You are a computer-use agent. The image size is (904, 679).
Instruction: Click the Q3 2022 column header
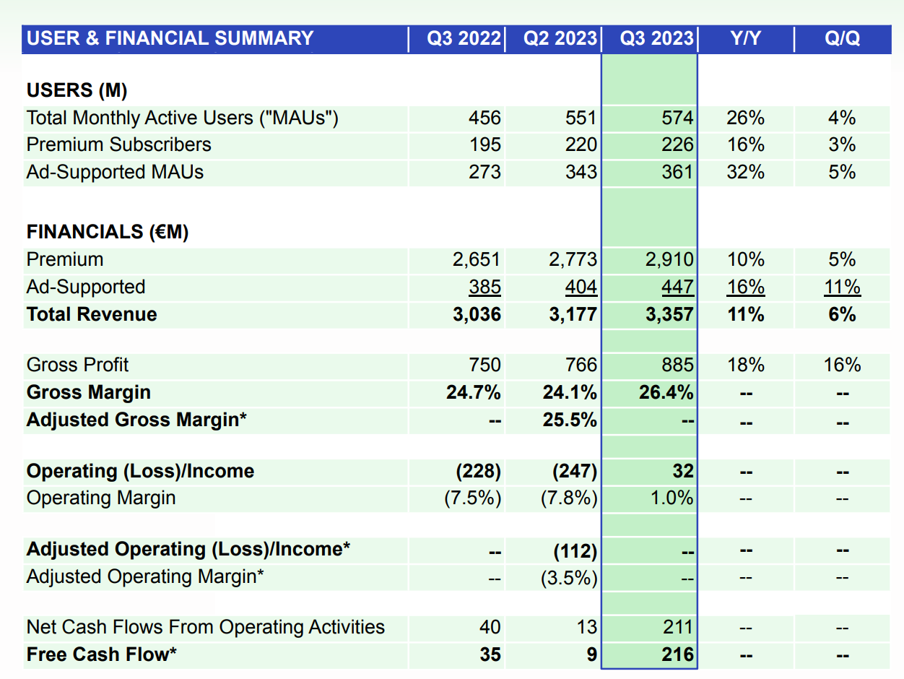tap(464, 38)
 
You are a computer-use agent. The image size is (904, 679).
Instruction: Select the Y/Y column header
tap(745, 38)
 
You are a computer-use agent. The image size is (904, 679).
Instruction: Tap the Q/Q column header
tap(842, 38)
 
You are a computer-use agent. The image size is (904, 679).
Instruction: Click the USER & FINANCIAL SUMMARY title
tap(170, 38)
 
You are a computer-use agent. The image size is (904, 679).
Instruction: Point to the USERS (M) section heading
tap(77, 90)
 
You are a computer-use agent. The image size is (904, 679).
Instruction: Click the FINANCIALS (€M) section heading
tap(108, 232)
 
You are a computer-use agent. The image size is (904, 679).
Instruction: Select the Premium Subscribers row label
tap(119, 144)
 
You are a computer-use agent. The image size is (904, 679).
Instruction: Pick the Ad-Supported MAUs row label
tap(115, 172)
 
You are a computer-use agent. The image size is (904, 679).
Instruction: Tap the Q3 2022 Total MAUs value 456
tap(484, 118)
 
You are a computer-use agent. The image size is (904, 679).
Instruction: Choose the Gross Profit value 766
tap(581, 365)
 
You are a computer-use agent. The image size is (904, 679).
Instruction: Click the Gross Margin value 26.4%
tap(666, 392)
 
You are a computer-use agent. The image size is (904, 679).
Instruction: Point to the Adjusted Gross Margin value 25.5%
tap(570, 420)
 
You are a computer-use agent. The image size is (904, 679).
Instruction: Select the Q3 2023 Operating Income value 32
tap(682, 471)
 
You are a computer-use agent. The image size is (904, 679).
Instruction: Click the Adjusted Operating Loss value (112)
tap(575, 550)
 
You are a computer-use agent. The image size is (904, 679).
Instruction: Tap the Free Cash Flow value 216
tap(677, 654)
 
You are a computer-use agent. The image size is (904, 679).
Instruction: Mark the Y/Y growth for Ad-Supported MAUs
tap(745, 172)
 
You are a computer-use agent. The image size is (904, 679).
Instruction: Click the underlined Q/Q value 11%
tap(842, 287)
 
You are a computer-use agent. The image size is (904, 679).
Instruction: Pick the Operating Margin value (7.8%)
tap(569, 498)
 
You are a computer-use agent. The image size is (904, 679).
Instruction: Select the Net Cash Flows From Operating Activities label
tap(206, 627)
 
